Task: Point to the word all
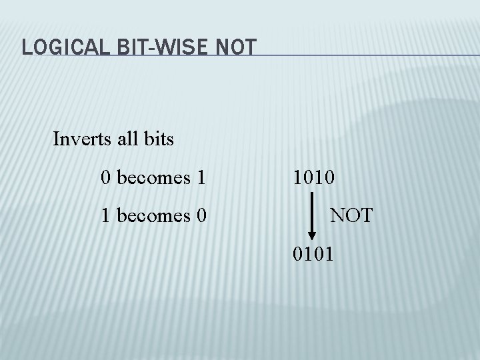click(x=127, y=139)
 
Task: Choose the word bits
click(x=159, y=139)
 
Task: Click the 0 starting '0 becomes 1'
click(x=105, y=177)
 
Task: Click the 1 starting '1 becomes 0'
click(x=105, y=216)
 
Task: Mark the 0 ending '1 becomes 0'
click(x=200, y=216)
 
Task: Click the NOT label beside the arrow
click(x=351, y=216)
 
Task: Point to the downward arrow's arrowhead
click(x=312, y=235)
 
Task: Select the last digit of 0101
click(x=331, y=254)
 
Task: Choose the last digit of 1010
click(x=331, y=177)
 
